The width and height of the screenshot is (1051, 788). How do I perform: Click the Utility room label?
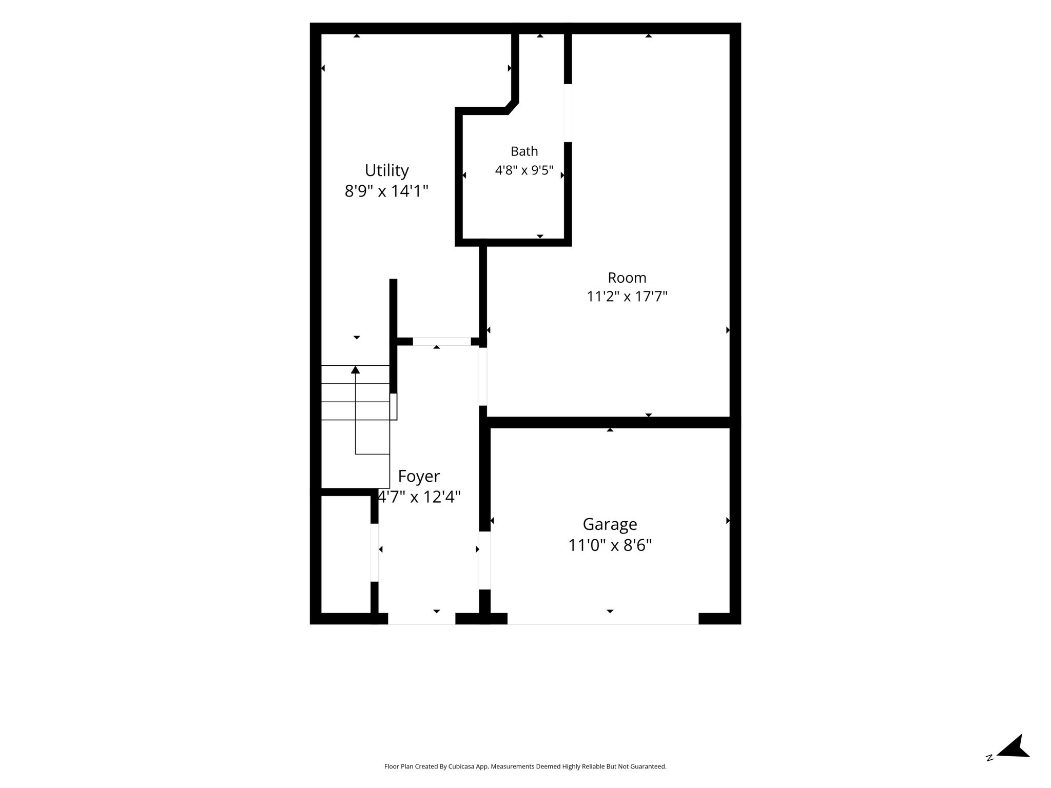pos(386,170)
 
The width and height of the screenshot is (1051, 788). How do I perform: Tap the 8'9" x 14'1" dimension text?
pos(386,191)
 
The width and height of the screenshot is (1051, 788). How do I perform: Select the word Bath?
pos(524,151)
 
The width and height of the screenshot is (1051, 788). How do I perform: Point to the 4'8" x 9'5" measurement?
pos(524,170)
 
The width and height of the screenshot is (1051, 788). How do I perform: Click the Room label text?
pos(627,278)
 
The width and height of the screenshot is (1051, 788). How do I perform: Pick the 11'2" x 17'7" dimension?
pos(627,297)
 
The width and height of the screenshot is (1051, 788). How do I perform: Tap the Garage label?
pos(610,524)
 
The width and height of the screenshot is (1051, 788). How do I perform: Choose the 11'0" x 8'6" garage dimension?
pos(610,545)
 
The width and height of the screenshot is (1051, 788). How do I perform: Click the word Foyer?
pos(419,477)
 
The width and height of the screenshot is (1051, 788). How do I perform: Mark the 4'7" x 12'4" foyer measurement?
pos(419,497)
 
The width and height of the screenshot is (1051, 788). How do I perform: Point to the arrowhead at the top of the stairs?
pos(355,369)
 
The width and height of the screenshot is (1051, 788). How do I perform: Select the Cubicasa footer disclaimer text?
pos(525,766)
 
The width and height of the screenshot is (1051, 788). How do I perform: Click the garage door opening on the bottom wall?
pos(603,619)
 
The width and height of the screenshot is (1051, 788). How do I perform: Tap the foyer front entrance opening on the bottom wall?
pos(421,619)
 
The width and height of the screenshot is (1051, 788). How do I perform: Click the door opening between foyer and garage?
pos(484,560)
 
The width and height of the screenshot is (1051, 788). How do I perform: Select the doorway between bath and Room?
pos(568,113)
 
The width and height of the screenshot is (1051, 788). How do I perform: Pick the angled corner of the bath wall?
pos(512,107)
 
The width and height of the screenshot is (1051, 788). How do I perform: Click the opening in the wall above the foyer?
pos(442,341)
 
